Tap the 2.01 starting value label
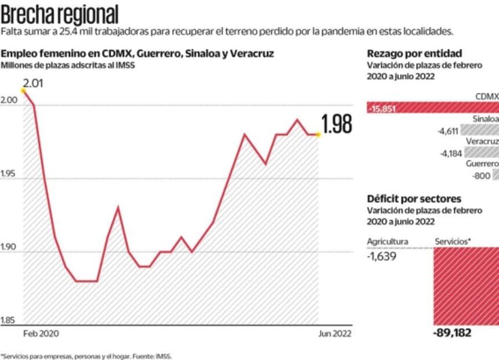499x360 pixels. (33, 84)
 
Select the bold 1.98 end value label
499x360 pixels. (337, 125)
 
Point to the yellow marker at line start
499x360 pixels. (23, 91)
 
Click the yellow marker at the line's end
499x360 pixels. (317, 134)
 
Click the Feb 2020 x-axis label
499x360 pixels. (41, 334)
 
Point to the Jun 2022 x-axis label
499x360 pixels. (335, 334)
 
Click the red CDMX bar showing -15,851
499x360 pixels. (432, 108)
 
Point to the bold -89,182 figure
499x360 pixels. (452, 333)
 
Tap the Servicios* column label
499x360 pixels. (453, 242)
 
